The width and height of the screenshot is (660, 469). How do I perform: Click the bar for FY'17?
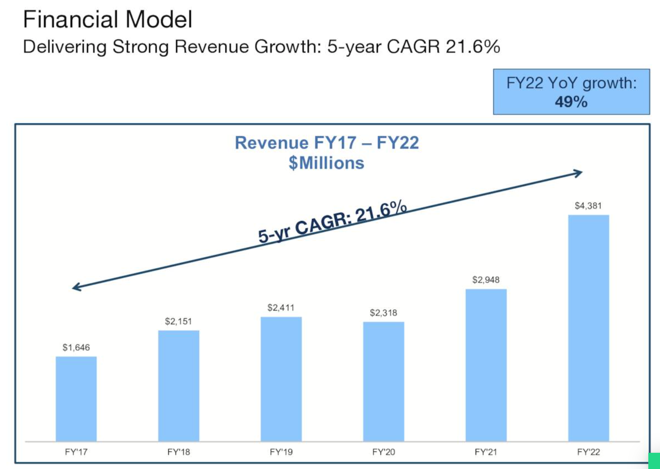coord(76,399)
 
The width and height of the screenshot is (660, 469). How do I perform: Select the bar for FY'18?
coord(178,386)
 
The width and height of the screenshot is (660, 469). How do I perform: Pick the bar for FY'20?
coord(384,381)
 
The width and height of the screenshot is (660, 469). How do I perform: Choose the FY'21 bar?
coord(486,365)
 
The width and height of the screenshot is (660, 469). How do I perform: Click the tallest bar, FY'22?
coord(588,328)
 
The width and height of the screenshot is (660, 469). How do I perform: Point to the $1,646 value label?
coord(76,347)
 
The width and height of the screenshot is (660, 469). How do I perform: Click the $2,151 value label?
coord(178,321)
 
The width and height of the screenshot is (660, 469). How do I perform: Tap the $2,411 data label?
coord(281,307)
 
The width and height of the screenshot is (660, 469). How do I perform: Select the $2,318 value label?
coord(384,313)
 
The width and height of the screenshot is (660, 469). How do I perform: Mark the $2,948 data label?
coord(486,280)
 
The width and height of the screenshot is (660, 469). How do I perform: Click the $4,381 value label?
coord(588,206)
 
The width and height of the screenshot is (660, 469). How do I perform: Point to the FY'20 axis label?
coord(384,452)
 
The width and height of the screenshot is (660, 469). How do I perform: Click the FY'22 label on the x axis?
coord(588,452)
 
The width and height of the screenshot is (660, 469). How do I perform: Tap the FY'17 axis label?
coord(76,452)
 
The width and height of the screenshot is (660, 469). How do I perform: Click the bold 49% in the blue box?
coord(571,102)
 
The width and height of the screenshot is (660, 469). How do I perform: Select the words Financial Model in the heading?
coord(108,19)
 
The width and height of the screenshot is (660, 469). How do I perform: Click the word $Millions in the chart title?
coord(326,163)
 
